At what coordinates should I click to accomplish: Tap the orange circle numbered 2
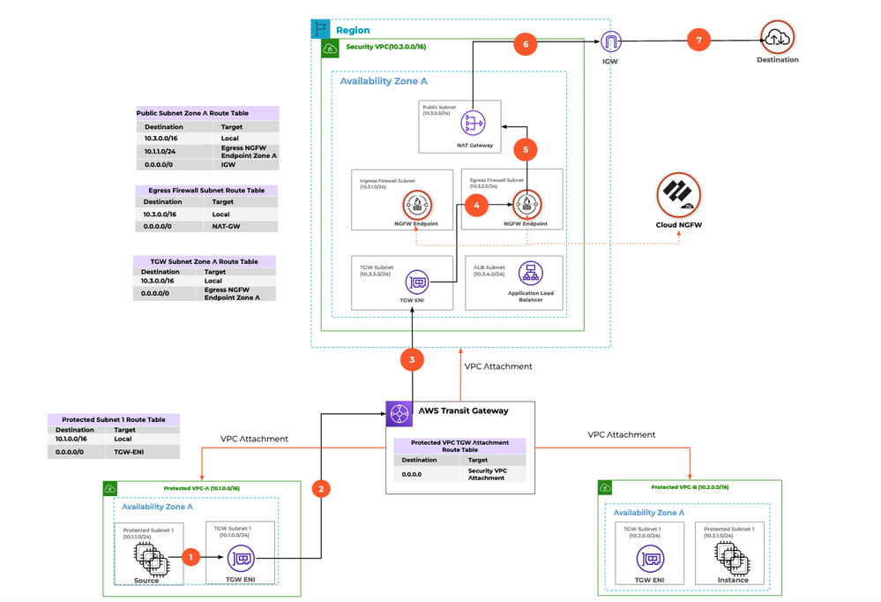pos(322,488)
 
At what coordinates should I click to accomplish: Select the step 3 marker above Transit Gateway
pos(412,359)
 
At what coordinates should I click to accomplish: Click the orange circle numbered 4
pos(477,205)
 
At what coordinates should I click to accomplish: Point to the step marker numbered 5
pos(526,150)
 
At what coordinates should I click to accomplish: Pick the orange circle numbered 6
pos(526,44)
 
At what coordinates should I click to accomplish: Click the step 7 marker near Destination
pos(699,41)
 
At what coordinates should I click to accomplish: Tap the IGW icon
pos(611,41)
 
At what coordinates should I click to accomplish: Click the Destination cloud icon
pos(777,36)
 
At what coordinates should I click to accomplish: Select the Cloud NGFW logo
pos(678,194)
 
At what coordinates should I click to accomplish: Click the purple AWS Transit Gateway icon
pos(399,414)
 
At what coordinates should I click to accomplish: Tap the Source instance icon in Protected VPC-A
pos(147,557)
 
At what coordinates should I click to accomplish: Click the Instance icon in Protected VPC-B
pos(732,557)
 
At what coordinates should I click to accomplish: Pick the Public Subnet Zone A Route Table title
pos(205,113)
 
